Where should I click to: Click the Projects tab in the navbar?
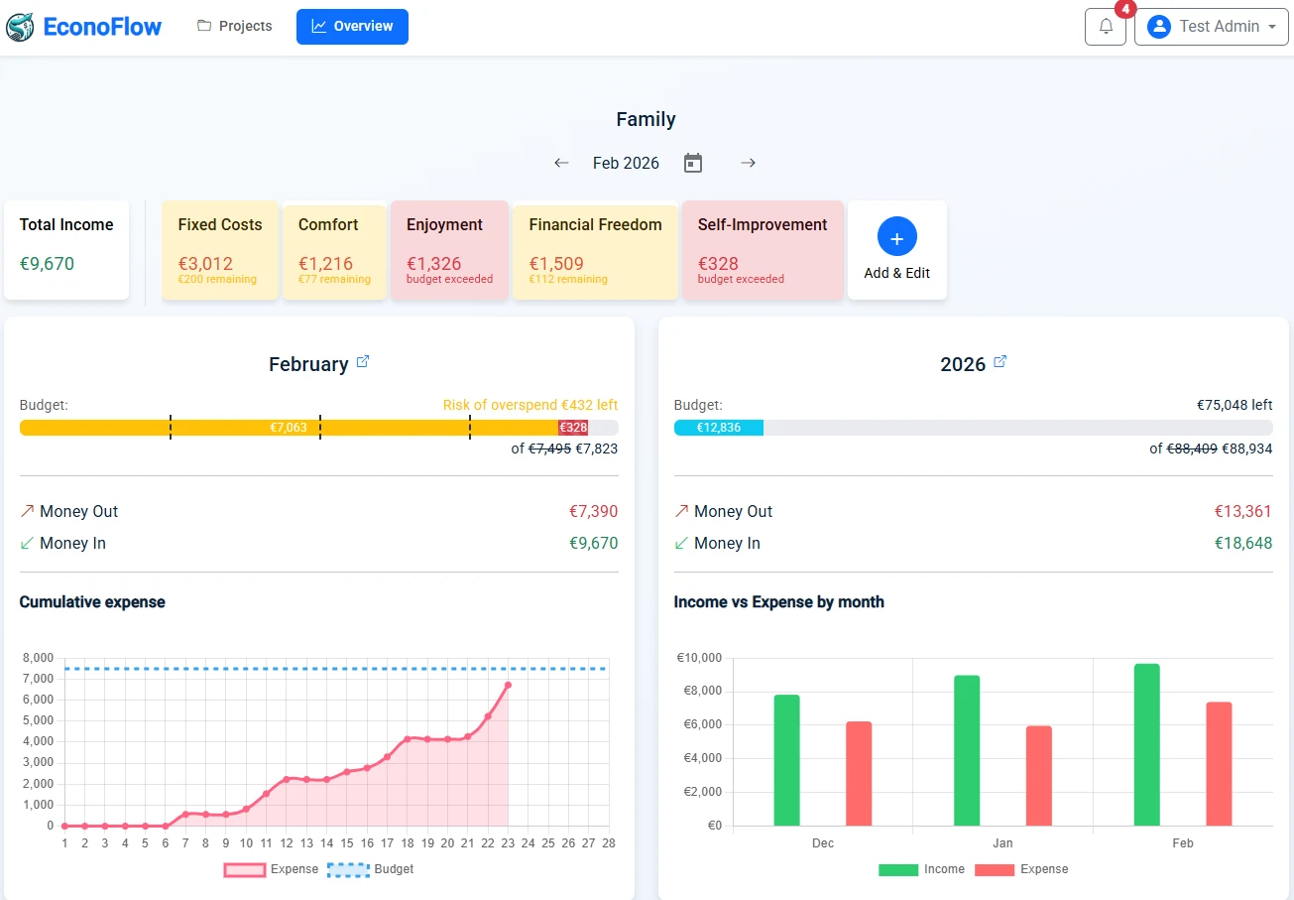(235, 27)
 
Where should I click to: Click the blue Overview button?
(352, 27)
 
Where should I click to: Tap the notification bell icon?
(1106, 27)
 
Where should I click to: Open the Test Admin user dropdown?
(1211, 27)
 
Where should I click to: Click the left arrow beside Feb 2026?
(561, 163)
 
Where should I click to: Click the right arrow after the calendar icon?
(748, 163)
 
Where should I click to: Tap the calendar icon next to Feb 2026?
(693, 163)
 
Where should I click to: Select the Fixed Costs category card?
(220, 250)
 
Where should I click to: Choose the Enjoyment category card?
(449, 250)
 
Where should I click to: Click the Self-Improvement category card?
(762, 250)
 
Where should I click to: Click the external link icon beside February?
(363, 362)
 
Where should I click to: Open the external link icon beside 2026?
(1000, 362)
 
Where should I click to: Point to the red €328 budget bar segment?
(573, 428)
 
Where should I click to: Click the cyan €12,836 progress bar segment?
(719, 428)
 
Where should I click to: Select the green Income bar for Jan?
(967, 750)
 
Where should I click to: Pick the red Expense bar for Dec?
(859, 773)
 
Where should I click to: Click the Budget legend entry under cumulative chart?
(371, 869)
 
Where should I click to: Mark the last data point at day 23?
(508, 685)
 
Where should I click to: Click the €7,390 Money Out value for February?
(593, 512)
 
